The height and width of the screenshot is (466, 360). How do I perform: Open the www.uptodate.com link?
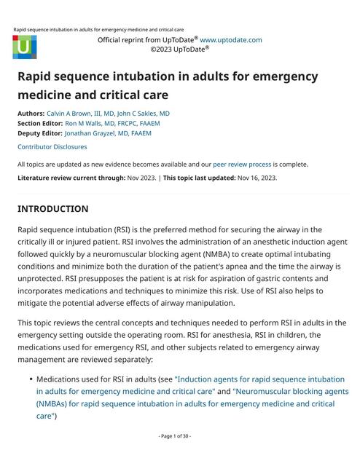pos(230,40)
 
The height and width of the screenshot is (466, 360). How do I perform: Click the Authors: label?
pos(30,114)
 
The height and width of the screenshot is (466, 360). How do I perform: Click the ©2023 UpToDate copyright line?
pos(180,50)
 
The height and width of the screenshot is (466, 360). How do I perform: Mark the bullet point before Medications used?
pos(29,380)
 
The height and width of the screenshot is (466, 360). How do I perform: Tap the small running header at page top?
pos(98,30)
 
